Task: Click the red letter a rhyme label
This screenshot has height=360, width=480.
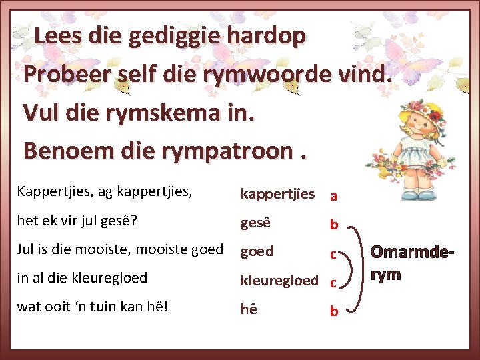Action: (x=333, y=197)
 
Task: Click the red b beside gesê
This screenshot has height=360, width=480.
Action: (x=333, y=225)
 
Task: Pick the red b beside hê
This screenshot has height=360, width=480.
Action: (x=333, y=311)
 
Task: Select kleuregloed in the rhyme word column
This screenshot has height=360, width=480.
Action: (x=279, y=280)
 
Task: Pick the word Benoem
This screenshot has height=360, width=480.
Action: (x=67, y=151)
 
